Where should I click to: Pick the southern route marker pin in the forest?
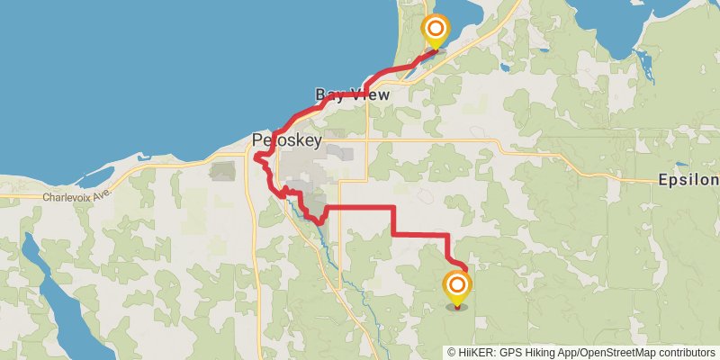click(x=458, y=289)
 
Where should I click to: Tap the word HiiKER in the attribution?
click(x=476, y=352)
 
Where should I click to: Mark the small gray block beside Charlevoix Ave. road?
click(x=222, y=169)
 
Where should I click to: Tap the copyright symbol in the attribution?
click(x=452, y=352)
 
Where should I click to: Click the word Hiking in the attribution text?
click(x=536, y=352)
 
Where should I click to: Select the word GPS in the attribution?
click(x=508, y=352)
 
